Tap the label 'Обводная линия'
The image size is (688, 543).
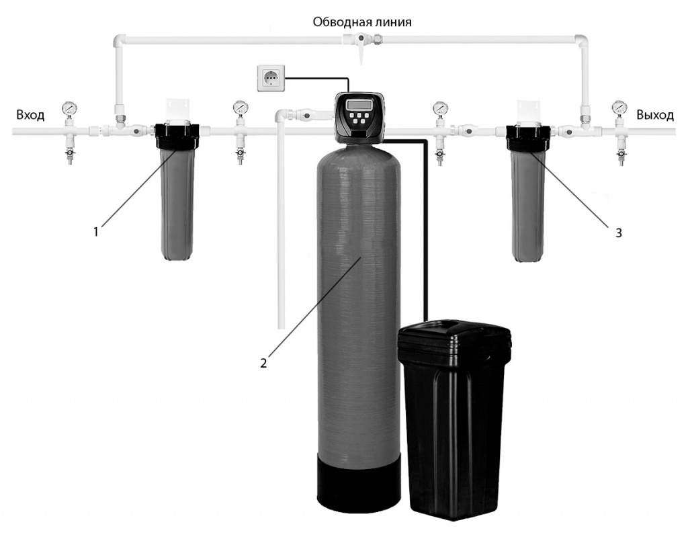(362, 22)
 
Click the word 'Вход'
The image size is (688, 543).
(30, 115)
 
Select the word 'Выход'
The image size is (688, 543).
(655, 115)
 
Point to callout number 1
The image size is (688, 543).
(96, 232)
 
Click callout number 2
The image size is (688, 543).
(264, 362)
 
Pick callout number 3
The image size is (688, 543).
(619, 233)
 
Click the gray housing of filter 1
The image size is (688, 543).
(177, 202)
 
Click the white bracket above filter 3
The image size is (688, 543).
(528, 111)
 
